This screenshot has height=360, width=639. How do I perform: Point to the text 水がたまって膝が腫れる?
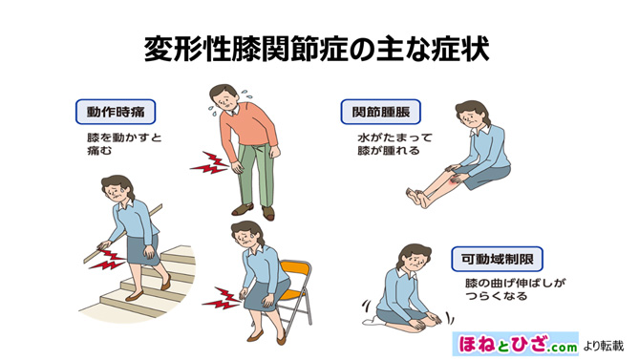coord(387,144)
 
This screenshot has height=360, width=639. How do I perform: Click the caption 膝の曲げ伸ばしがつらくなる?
coord(509,289)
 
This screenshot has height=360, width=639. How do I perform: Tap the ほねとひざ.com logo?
coord(516,341)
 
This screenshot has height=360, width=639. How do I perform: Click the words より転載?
coord(604,343)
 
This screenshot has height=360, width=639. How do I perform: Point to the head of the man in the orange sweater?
coord(224,97)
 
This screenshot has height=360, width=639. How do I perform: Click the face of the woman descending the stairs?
coord(116,190)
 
